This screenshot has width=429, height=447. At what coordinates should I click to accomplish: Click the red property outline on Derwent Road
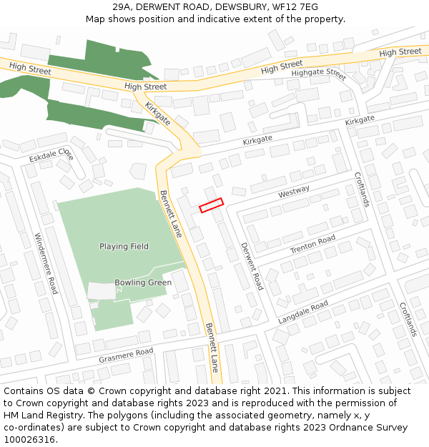tap(211, 205)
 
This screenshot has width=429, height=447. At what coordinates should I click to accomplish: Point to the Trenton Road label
tap(312, 244)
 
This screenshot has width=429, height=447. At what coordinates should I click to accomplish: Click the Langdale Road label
tap(302, 313)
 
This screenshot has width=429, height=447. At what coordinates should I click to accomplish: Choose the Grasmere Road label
tap(127, 354)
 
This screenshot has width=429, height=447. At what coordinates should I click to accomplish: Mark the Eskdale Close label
tap(52, 154)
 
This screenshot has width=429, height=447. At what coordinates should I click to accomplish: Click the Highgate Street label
tap(318, 73)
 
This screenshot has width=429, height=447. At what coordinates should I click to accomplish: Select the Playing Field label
tap(124, 247)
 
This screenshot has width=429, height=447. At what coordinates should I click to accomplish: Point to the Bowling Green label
tap(143, 283)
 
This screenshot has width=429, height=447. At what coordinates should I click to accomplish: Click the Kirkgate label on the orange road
tap(158, 114)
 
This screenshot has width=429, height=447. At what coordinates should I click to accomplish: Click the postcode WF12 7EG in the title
tap(295, 7)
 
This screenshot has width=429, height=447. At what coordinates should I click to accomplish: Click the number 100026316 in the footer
tap(29, 440)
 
